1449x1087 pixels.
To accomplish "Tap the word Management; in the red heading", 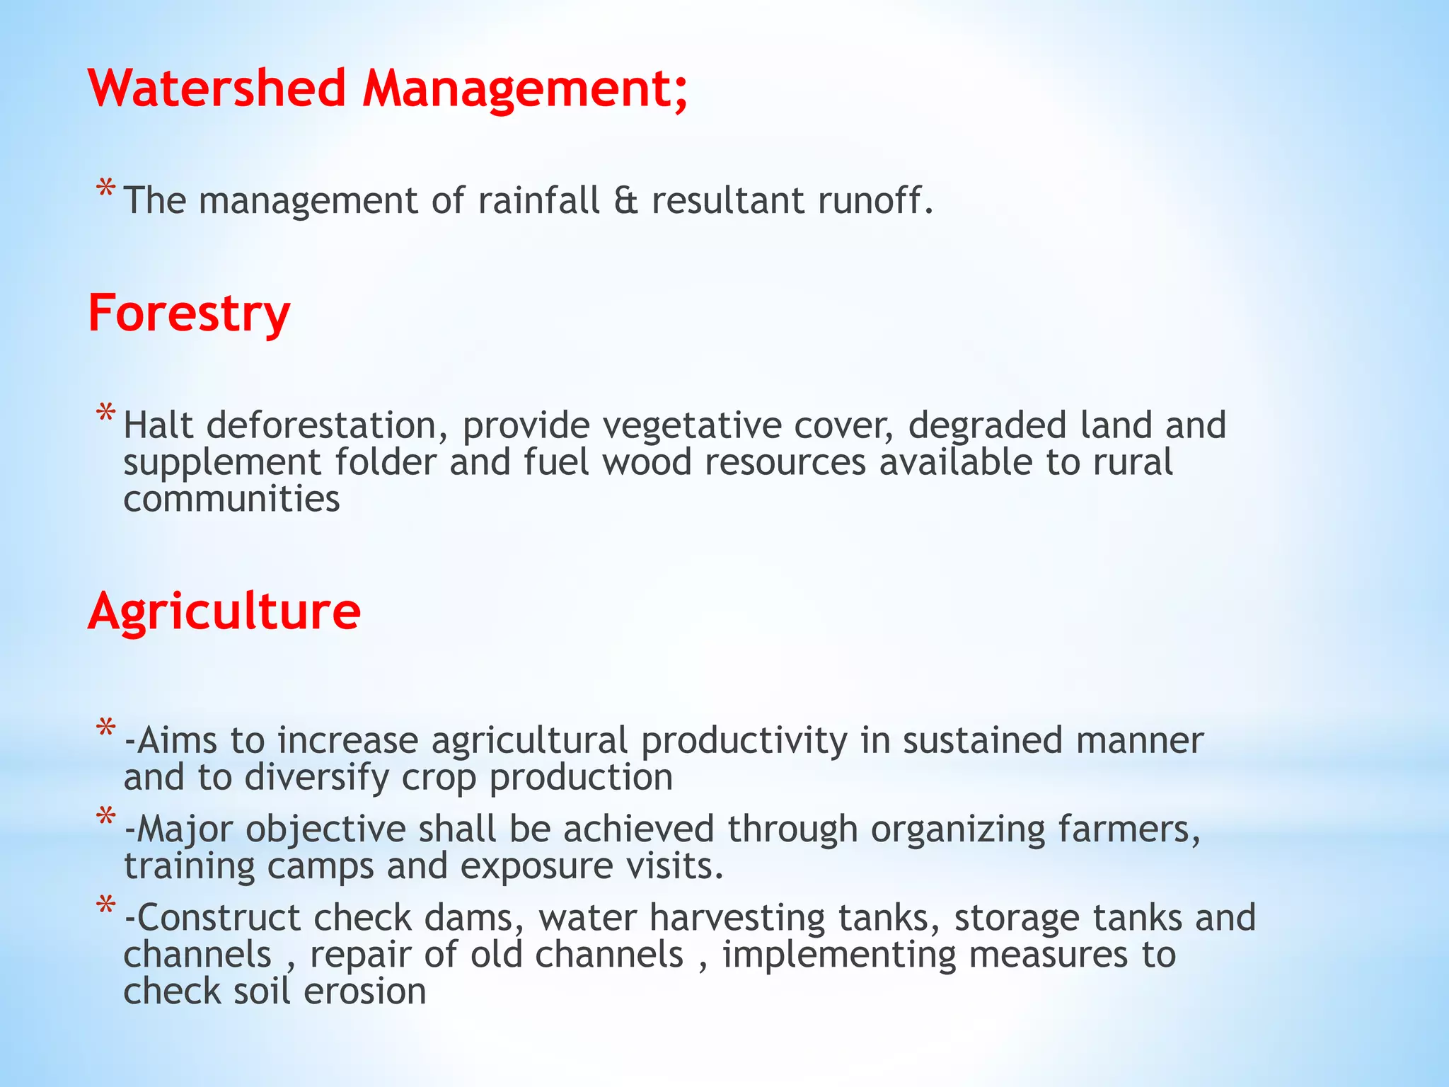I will tap(524, 90).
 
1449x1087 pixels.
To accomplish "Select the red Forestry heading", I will tap(189, 314).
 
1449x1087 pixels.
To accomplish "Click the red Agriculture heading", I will tap(224, 611).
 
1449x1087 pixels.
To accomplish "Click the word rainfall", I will tap(538, 200).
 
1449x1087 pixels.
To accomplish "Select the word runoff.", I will tap(875, 200).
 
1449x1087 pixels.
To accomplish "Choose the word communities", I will tap(231, 499).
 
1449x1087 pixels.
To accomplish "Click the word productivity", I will tap(744, 740).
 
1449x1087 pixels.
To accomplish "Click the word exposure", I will tap(536, 866).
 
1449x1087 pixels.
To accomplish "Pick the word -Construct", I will tap(212, 918).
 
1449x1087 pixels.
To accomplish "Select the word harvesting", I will tap(737, 918).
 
